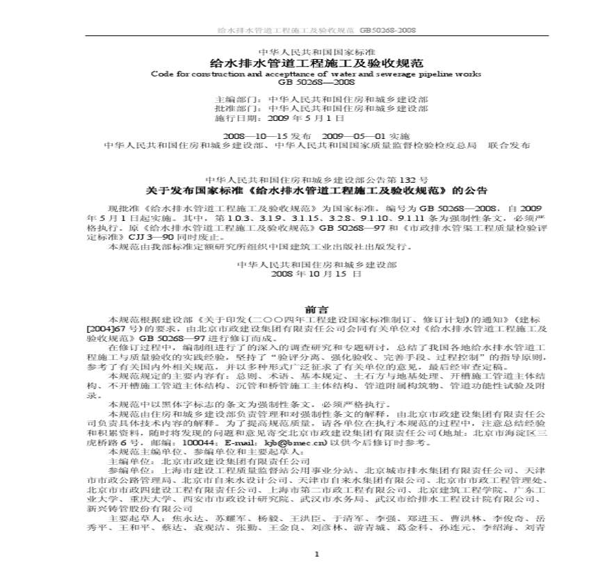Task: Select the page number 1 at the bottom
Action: [316, 554]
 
